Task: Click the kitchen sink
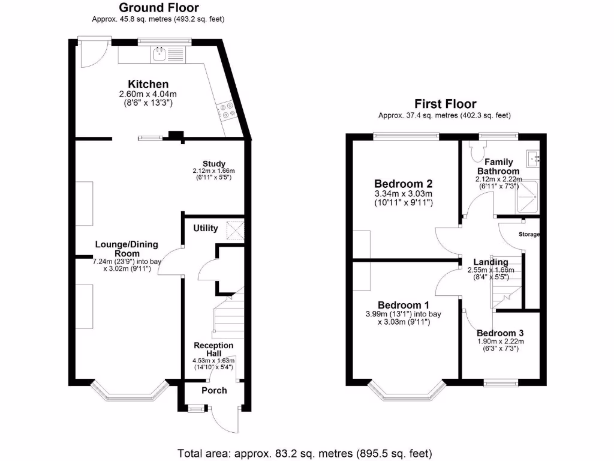(x=159, y=55)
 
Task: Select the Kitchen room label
(x=148, y=84)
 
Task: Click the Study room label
(x=214, y=164)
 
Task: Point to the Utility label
(x=206, y=228)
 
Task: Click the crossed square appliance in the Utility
(x=235, y=230)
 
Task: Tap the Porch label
(x=214, y=390)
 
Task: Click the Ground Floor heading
(x=159, y=8)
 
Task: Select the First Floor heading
(x=445, y=104)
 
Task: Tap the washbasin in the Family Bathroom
(x=532, y=158)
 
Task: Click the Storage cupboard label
(x=529, y=234)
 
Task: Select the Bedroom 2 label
(x=403, y=184)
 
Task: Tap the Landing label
(x=490, y=262)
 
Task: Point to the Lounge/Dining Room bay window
(x=130, y=391)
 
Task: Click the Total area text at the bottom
(x=305, y=453)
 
